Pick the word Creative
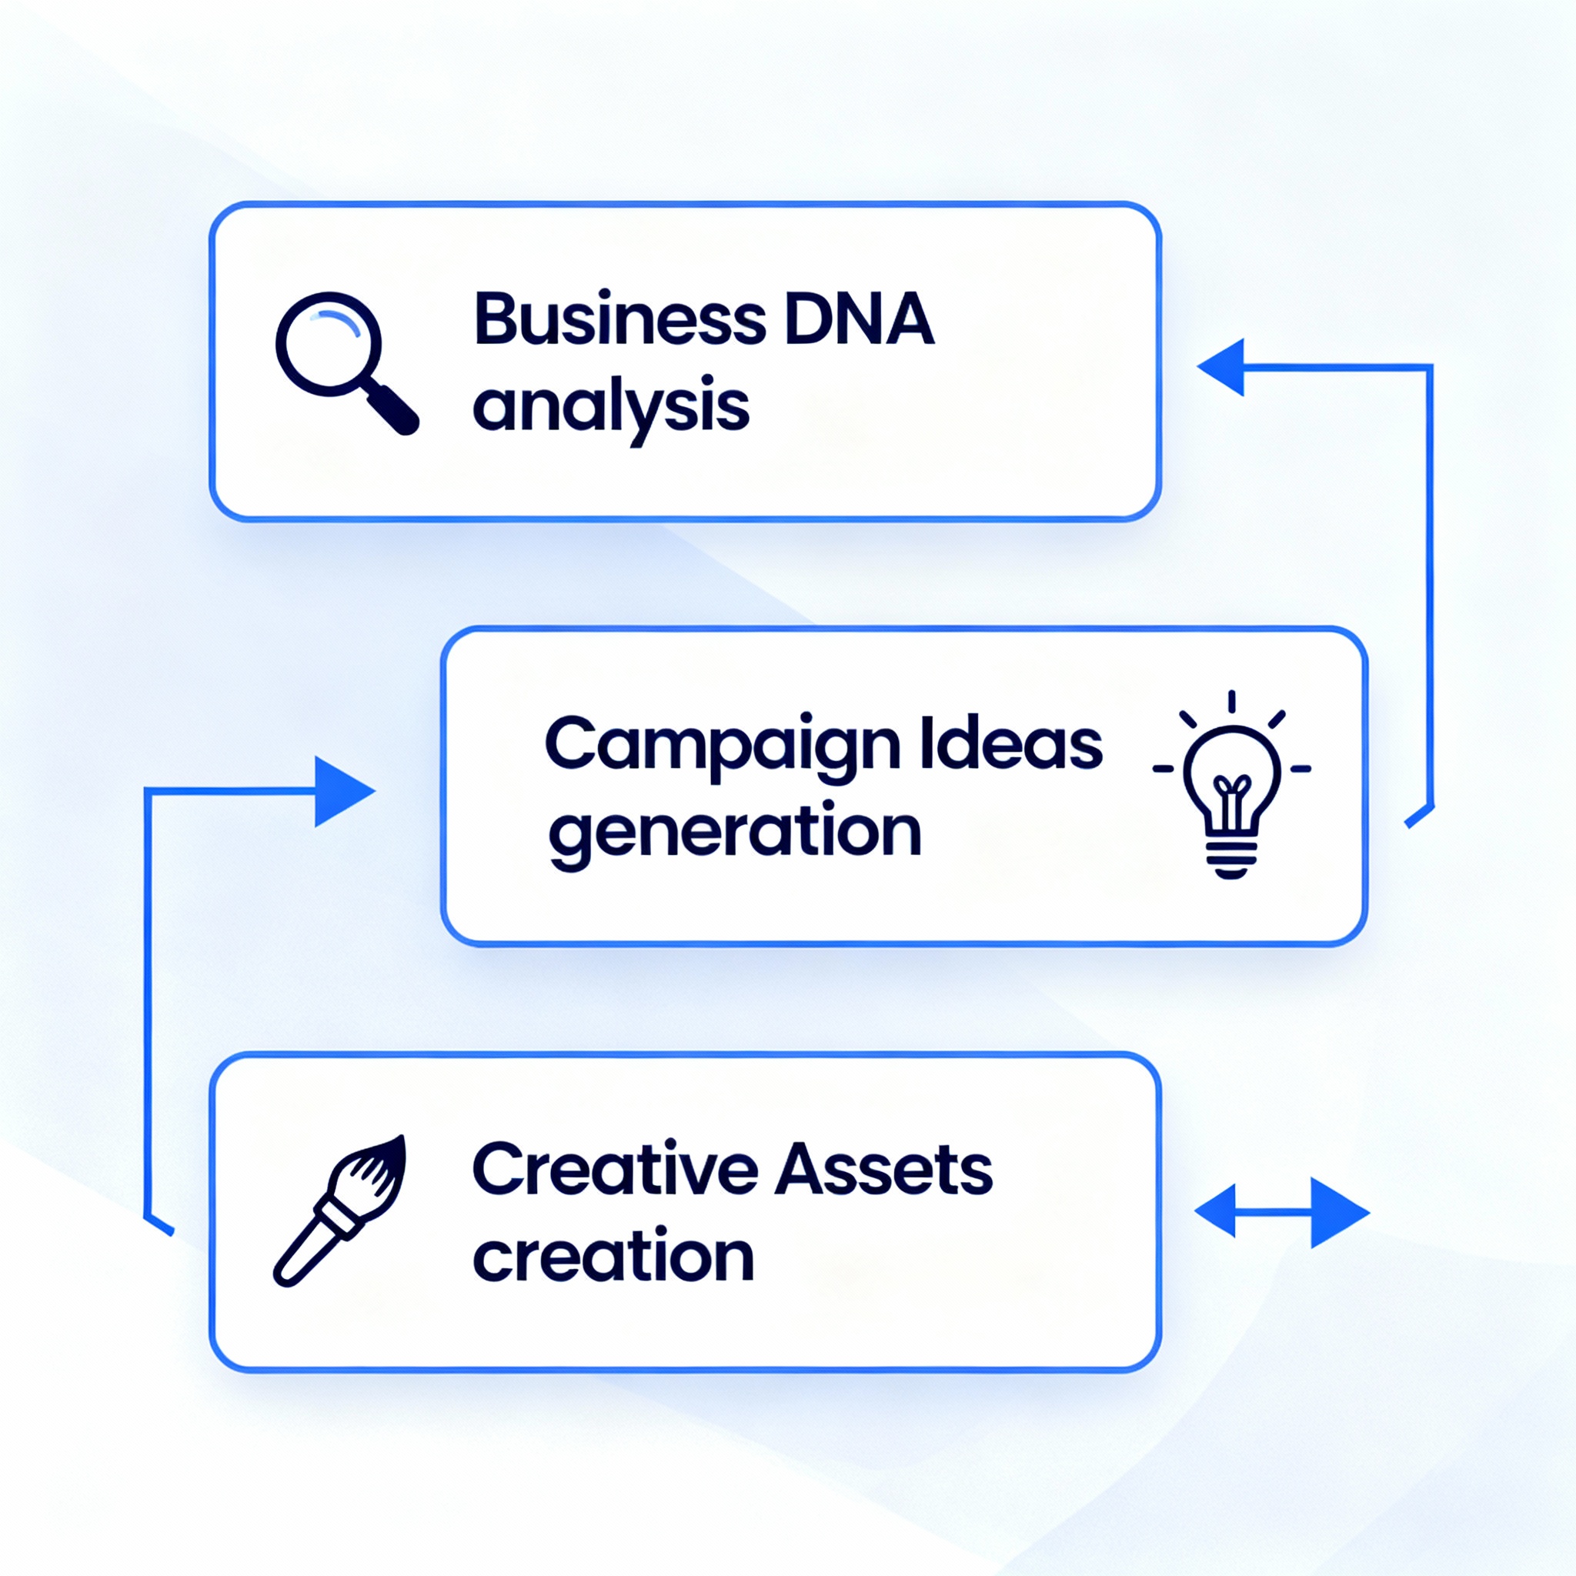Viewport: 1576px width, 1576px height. pyautogui.click(x=615, y=1170)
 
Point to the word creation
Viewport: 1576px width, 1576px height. pyautogui.click(x=613, y=1256)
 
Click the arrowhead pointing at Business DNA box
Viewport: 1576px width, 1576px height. pyautogui.click(x=1223, y=367)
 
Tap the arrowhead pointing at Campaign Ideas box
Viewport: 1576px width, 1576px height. pyautogui.click(x=342, y=791)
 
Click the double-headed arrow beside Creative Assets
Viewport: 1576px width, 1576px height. pyautogui.click(x=1281, y=1212)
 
